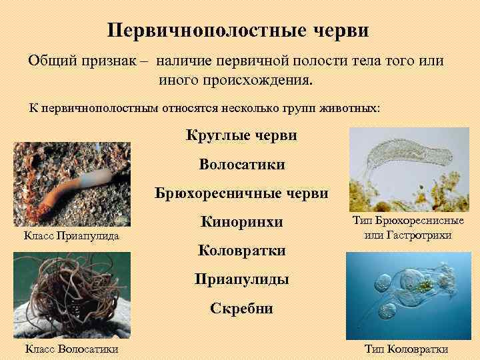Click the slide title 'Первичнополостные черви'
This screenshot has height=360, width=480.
(x=238, y=31)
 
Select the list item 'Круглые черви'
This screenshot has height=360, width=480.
(x=241, y=135)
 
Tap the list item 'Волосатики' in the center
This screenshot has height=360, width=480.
(x=241, y=164)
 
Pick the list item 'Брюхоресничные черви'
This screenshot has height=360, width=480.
(x=241, y=193)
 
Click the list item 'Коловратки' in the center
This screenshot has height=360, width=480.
(x=241, y=251)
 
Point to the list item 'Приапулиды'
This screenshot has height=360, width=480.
(x=241, y=279)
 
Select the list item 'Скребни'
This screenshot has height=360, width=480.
(x=241, y=308)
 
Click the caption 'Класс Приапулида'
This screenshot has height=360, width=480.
(x=71, y=235)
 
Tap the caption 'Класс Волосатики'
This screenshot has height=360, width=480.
(x=71, y=349)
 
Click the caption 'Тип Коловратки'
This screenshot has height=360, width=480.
(x=407, y=349)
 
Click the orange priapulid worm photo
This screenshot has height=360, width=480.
(x=71, y=182)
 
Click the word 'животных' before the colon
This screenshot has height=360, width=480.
(x=353, y=107)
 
